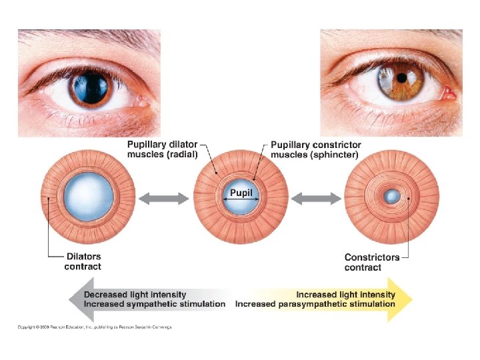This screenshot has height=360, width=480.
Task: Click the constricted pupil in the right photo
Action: pos(402,77)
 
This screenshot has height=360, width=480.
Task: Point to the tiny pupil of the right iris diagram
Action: pos(392,197)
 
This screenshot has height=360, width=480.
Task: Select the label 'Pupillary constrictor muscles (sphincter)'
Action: pos(315,149)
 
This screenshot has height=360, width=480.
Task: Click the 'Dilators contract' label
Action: pos(83,261)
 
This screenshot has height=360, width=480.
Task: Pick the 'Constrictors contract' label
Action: pos(372,262)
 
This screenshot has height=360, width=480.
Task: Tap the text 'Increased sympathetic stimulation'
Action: pos(155,304)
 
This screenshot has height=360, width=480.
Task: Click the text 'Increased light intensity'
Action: pos(345,294)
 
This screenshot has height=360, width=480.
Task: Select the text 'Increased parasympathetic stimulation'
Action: pos(315,304)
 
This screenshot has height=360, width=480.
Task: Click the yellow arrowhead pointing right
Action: pos(404,299)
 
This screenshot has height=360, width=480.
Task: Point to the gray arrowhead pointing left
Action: pos(75,299)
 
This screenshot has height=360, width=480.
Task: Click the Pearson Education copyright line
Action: pos(95,327)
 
